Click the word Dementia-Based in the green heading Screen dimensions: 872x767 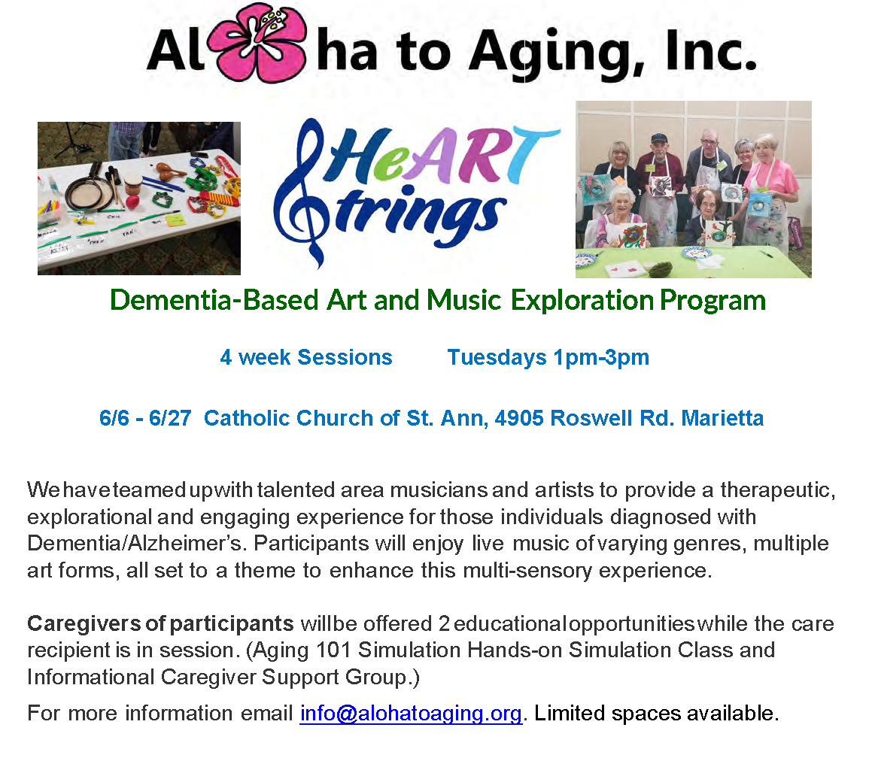214,300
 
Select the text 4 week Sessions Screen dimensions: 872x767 306,357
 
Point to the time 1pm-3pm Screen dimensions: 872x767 601,357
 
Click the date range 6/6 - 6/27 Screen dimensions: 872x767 145,418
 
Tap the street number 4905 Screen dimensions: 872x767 519,418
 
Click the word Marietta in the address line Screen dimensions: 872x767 722,418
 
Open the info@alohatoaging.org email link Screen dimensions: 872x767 411,713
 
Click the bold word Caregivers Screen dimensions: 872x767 84,623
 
